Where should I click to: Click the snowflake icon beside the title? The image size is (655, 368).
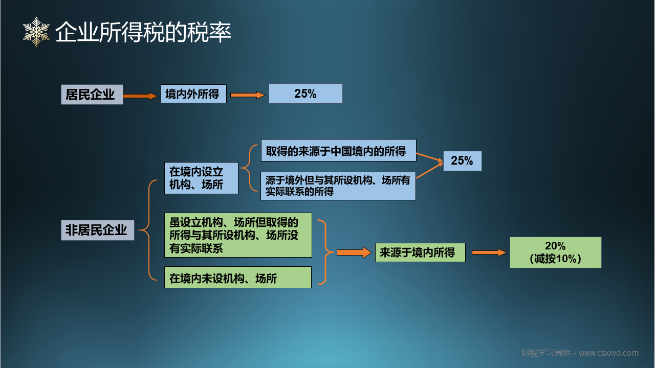(36, 32)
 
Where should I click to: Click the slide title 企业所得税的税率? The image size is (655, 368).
(143, 32)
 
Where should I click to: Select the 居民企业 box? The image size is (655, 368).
(92, 95)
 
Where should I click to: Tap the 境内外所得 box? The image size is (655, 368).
(193, 94)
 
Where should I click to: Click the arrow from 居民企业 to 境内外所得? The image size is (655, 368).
(140, 96)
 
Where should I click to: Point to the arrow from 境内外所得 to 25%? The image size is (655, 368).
(247, 95)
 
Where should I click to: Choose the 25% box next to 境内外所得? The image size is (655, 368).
(305, 94)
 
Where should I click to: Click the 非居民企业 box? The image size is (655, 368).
(98, 230)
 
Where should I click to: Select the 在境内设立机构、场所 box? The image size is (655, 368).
(201, 178)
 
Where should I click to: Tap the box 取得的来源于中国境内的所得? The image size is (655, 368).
(339, 150)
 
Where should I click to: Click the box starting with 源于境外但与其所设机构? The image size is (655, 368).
(338, 186)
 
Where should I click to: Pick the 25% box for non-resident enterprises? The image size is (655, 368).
(462, 161)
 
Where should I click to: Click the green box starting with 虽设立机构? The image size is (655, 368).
(238, 235)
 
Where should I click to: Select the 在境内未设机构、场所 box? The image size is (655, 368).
(238, 278)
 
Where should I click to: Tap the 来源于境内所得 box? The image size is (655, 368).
(420, 252)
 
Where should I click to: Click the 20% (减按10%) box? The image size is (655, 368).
(556, 252)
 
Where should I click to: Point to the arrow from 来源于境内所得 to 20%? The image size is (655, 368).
(489, 252)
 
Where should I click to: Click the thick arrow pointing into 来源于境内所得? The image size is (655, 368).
(354, 252)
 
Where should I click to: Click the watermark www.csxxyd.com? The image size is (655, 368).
(608, 353)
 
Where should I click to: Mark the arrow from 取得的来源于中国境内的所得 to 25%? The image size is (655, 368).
(429, 157)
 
